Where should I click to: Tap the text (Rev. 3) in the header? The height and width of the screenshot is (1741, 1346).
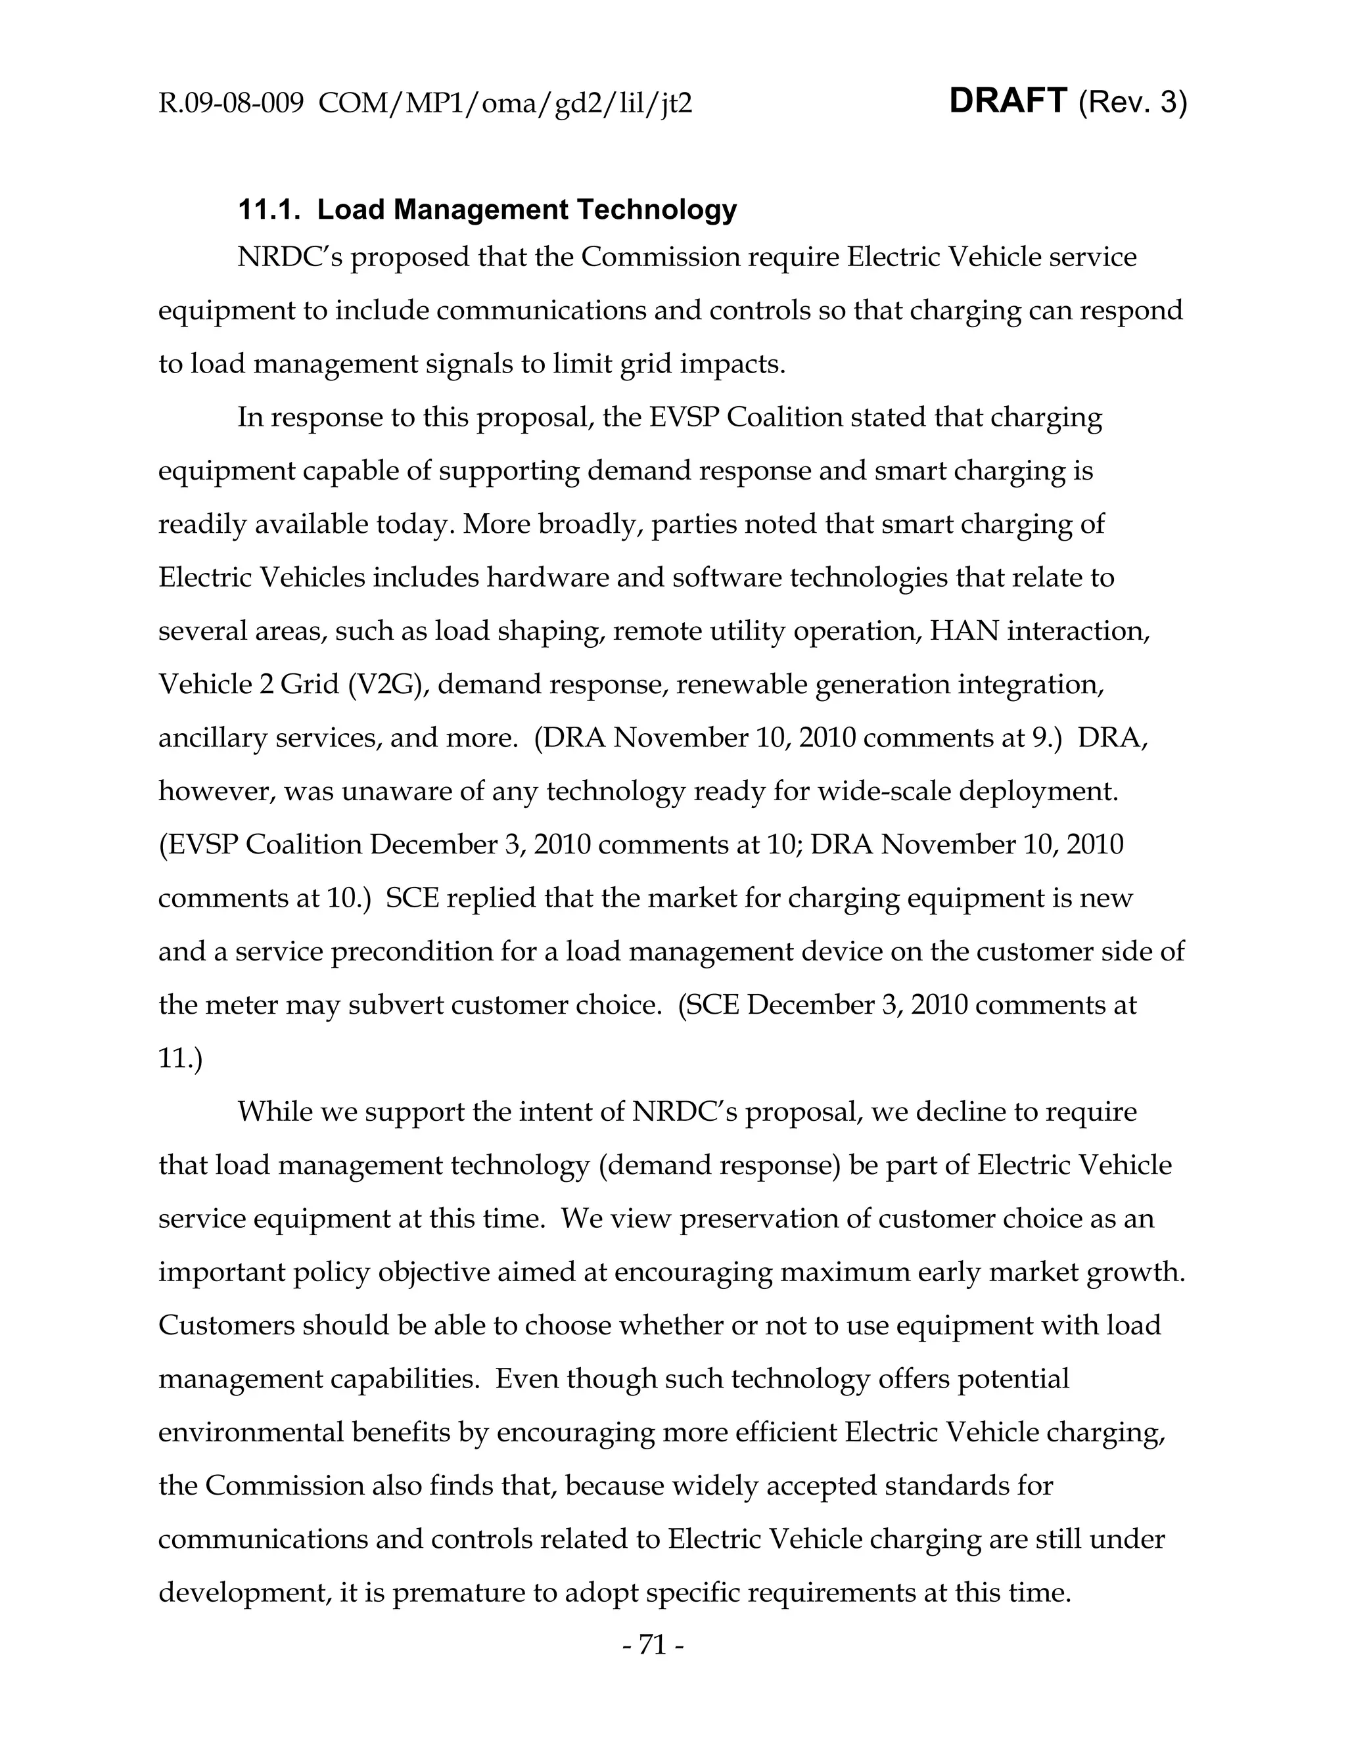point(1132,103)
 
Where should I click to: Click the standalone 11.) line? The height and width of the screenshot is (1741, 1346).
point(180,1058)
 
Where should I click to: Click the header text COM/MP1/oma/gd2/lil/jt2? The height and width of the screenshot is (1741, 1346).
point(504,104)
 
